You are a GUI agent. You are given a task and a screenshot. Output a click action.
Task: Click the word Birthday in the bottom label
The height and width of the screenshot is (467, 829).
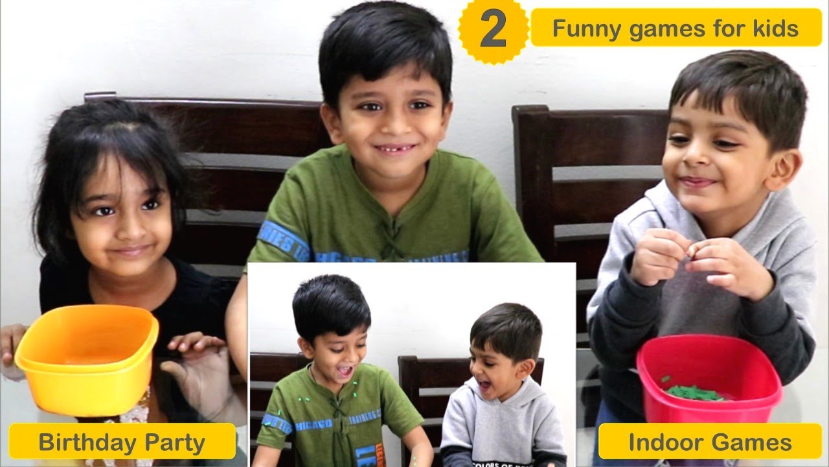click(85, 443)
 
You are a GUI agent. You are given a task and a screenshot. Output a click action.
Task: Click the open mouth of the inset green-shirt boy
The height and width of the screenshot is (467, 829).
click(345, 371)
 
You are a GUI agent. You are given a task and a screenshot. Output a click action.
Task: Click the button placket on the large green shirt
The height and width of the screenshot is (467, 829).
click(391, 233)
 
